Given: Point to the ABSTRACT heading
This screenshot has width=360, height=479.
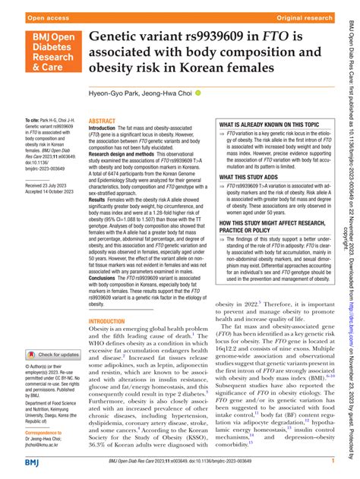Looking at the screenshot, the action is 103,121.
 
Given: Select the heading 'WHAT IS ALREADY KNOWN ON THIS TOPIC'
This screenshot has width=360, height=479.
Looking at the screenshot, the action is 270,123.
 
